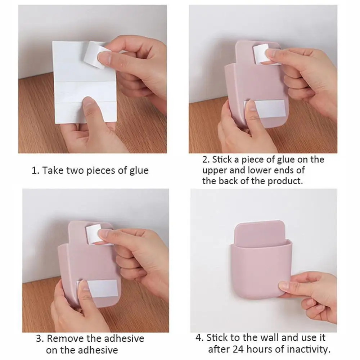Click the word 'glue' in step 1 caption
tap(139, 170)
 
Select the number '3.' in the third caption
tap(40, 339)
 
